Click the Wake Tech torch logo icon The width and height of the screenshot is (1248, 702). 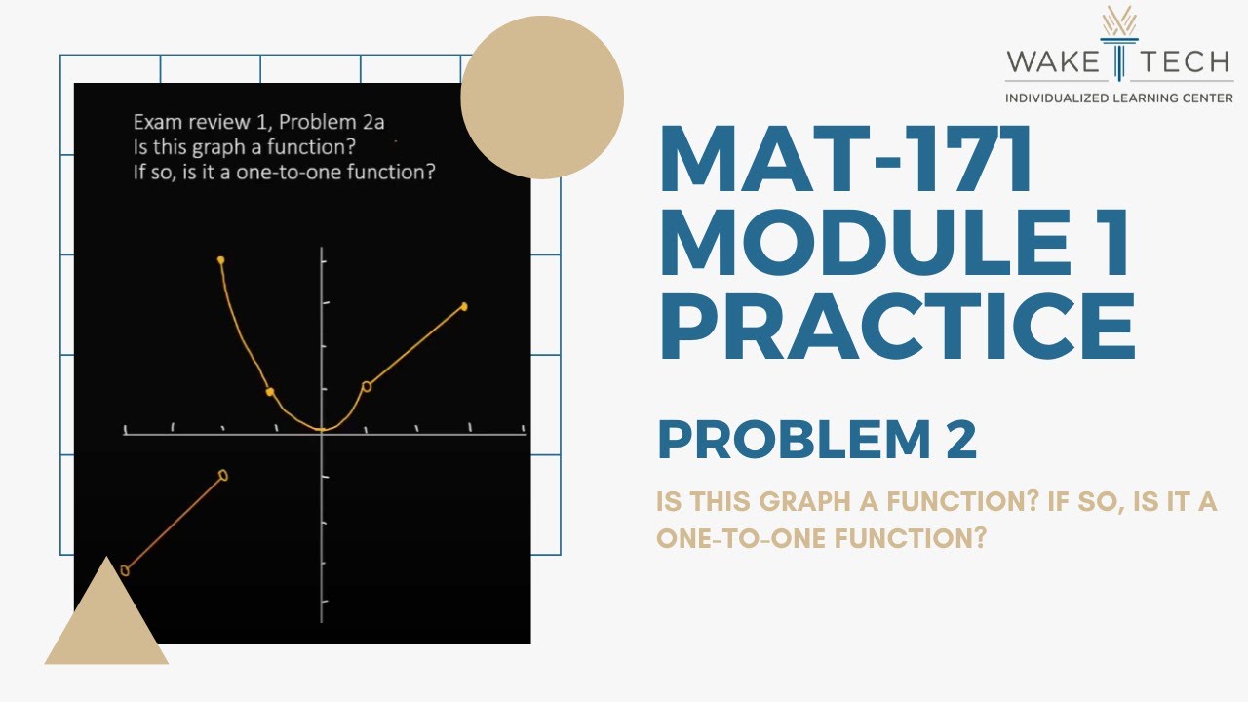point(1118,43)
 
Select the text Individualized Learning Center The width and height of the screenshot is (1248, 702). point(1118,97)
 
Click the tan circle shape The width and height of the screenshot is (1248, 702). point(542,97)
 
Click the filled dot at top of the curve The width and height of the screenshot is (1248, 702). point(221,259)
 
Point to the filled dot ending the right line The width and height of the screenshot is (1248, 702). point(464,306)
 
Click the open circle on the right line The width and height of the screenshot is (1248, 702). point(367,386)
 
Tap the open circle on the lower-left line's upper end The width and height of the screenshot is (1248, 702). point(223,475)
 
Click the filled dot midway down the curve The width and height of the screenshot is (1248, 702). point(270,392)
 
